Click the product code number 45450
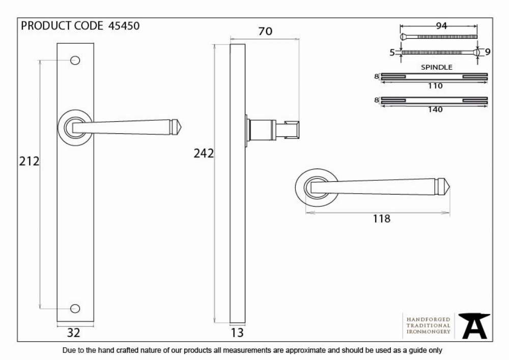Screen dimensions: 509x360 click(124, 25)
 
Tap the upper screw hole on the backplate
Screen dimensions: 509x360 click(75, 61)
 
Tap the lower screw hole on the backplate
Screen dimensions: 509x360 click(75, 309)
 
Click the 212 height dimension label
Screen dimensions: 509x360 click(29, 161)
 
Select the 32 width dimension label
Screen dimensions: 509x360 click(73, 333)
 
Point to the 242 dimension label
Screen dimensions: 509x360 click(204, 153)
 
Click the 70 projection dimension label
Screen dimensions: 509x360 click(265, 31)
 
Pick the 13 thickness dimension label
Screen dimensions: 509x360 click(237, 333)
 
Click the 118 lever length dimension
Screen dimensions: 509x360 click(381, 219)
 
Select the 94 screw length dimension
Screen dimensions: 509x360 click(441, 25)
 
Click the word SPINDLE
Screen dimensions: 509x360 click(437, 67)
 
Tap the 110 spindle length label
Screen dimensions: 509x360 click(435, 86)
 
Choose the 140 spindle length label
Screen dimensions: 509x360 click(435, 109)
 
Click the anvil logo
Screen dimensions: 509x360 click(474, 325)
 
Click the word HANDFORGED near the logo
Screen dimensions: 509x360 click(429, 320)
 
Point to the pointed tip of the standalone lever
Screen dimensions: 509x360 click(449, 187)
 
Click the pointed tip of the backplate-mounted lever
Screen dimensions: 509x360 click(182, 127)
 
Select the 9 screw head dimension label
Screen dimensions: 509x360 click(488, 51)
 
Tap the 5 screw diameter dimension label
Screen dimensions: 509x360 click(392, 52)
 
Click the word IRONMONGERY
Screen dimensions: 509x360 click(429, 332)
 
